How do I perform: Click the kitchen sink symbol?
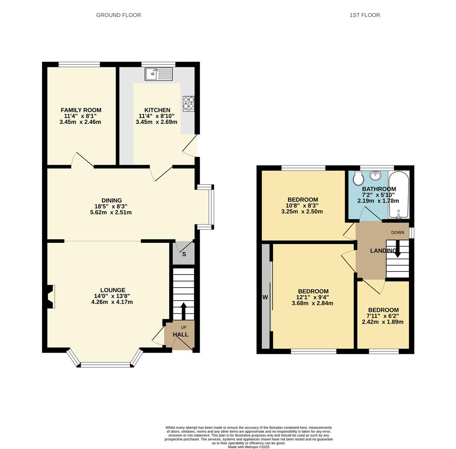pyautogui.click(x=158, y=74)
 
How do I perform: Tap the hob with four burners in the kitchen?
pyautogui.click(x=188, y=104)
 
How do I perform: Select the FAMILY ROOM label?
pyautogui.click(x=81, y=110)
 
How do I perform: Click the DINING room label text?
pyautogui.click(x=111, y=200)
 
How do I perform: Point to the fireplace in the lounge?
pyautogui.click(x=50, y=296)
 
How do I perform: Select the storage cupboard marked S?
pyautogui.click(x=184, y=254)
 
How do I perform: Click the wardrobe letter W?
pyautogui.click(x=265, y=297)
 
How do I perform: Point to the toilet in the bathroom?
pyautogui.click(x=357, y=179)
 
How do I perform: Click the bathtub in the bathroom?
pyautogui.click(x=399, y=195)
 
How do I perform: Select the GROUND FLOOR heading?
pyautogui.click(x=118, y=15)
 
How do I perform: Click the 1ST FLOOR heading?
pyautogui.click(x=365, y=15)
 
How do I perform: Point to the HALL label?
pyautogui.click(x=180, y=334)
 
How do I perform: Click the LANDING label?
pyautogui.click(x=383, y=251)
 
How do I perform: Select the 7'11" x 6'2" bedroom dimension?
pyautogui.click(x=383, y=316)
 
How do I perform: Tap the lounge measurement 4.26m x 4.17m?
pyautogui.click(x=112, y=302)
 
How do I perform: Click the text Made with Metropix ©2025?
pyautogui.click(x=249, y=447)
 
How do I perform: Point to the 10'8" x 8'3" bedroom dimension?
pyautogui.click(x=302, y=205)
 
